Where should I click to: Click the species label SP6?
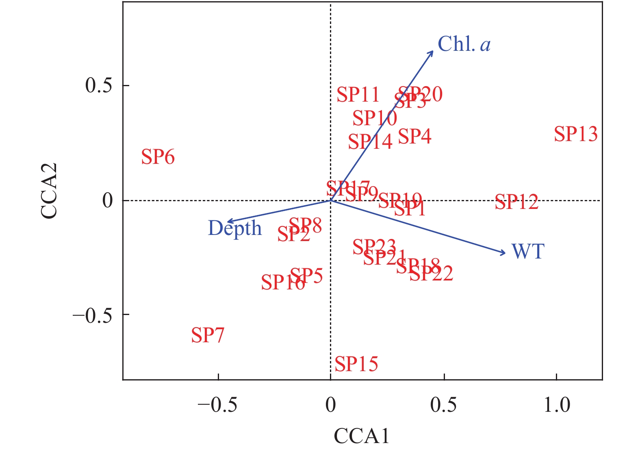click(158, 157)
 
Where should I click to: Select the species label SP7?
click(208, 335)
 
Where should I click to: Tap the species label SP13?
click(576, 134)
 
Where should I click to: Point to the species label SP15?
click(356, 364)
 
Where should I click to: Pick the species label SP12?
click(516, 202)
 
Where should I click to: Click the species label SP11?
click(358, 95)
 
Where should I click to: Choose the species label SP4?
click(414, 137)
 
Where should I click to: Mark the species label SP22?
click(431, 274)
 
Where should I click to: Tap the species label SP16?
click(283, 282)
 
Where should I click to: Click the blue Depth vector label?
click(235, 228)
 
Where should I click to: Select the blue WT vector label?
click(528, 252)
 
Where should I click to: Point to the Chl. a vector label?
click(464, 44)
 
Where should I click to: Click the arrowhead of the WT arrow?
click(505, 253)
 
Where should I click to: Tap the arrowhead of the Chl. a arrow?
click(432, 52)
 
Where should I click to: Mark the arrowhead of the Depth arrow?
click(227, 222)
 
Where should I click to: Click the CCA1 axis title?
click(361, 436)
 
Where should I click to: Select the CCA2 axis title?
click(49, 191)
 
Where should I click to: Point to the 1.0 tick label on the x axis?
click(557, 405)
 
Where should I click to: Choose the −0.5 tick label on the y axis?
click(92, 315)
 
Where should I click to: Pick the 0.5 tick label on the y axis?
click(98, 86)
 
